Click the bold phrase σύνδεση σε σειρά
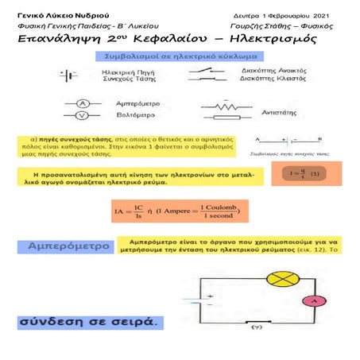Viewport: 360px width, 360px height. [x=89, y=323]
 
